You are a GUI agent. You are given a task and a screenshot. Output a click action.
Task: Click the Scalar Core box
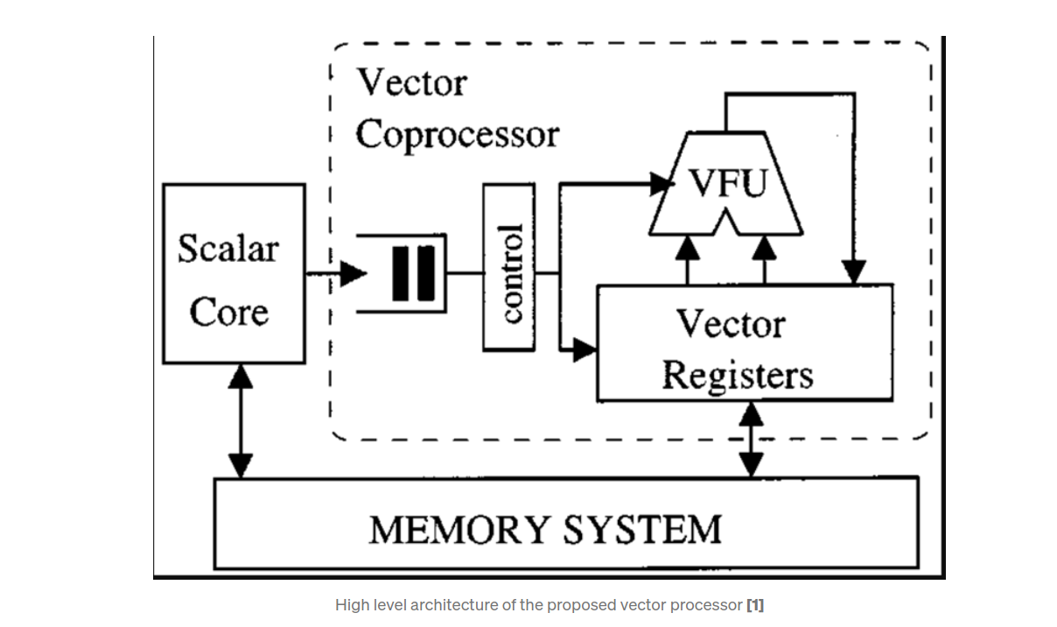pyautogui.click(x=234, y=273)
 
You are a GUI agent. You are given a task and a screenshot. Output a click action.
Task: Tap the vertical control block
pyautogui.click(x=508, y=267)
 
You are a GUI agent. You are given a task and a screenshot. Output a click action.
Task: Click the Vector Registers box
pyautogui.click(x=744, y=343)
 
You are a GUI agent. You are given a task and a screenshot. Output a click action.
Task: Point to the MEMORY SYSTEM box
pyautogui.click(x=566, y=524)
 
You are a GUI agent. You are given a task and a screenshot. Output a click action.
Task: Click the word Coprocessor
pyautogui.click(x=457, y=135)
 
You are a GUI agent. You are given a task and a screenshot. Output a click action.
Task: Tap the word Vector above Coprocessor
pyautogui.click(x=412, y=83)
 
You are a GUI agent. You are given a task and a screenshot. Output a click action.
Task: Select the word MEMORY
pyautogui.click(x=458, y=530)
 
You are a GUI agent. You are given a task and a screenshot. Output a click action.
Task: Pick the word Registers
pyautogui.click(x=737, y=375)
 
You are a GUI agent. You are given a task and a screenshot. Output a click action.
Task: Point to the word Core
pyautogui.click(x=228, y=312)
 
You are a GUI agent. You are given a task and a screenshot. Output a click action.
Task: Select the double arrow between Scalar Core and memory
pyautogui.click(x=240, y=421)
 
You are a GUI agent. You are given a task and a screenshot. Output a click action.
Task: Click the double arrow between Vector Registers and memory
pyautogui.click(x=751, y=440)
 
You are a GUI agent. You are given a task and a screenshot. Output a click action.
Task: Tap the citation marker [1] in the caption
pyautogui.click(x=755, y=605)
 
